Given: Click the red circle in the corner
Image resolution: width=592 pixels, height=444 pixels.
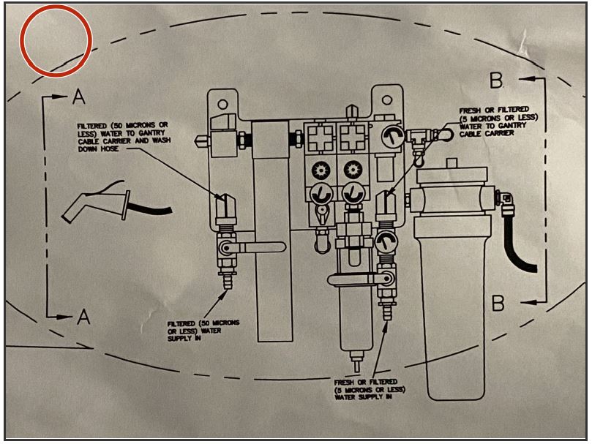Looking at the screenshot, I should pyautogui.click(x=56, y=40).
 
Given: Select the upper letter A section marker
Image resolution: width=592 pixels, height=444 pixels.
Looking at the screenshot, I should pyautogui.click(x=80, y=96).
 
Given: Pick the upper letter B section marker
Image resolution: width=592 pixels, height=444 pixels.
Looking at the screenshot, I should pyautogui.click(x=496, y=78).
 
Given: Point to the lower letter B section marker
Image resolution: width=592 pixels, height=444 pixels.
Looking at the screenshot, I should pyautogui.click(x=498, y=301).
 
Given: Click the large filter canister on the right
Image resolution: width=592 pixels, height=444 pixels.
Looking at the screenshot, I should pyautogui.click(x=449, y=293).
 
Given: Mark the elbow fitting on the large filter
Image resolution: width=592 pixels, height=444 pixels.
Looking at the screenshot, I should pyautogui.click(x=505, y=197).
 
